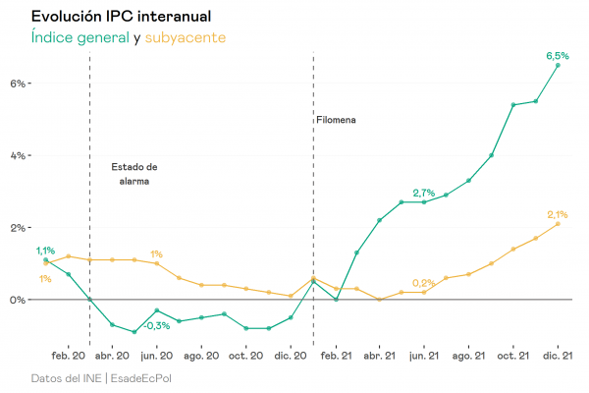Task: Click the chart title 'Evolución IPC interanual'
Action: [x=120, y=17]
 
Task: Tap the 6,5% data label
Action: [x=558, y=56]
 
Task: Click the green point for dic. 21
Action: [x=559, y=65]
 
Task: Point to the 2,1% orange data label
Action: [x=558, y=214]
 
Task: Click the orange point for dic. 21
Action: [x=559, y=224]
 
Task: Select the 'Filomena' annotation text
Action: [x=336, y=120]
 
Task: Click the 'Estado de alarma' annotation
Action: [x=134, y=174]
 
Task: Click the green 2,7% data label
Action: [x=423, y=192]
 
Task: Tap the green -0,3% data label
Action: [x=156, y=325]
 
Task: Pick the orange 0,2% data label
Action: [x=423, y=283]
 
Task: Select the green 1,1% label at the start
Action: [x=45, y=251]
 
